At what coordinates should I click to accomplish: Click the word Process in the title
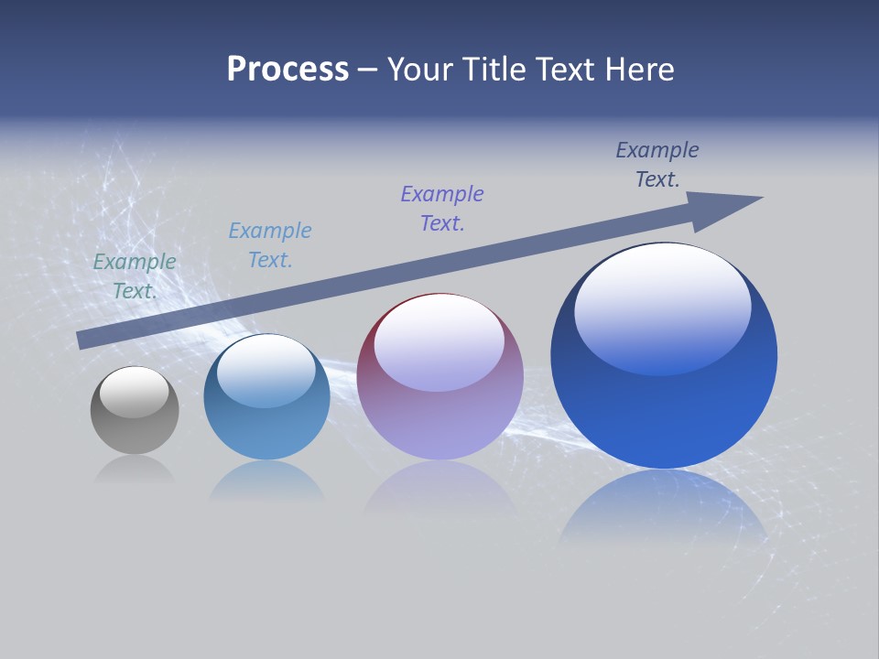[288, 70]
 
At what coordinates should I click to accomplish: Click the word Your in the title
[420, 70]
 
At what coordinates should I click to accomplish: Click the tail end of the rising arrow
[80, 340]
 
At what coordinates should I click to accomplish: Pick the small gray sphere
[135, 411]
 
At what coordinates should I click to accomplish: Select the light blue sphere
[266, 397]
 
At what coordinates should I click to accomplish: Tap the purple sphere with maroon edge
[439, 377]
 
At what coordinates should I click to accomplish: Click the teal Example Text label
[135, 276]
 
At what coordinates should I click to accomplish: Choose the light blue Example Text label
[270, 245]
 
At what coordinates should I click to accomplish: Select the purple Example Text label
[442, 209]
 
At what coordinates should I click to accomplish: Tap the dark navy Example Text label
[657, 165]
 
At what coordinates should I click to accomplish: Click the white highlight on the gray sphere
[135, 392]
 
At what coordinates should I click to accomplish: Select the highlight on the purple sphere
[439, 343]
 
